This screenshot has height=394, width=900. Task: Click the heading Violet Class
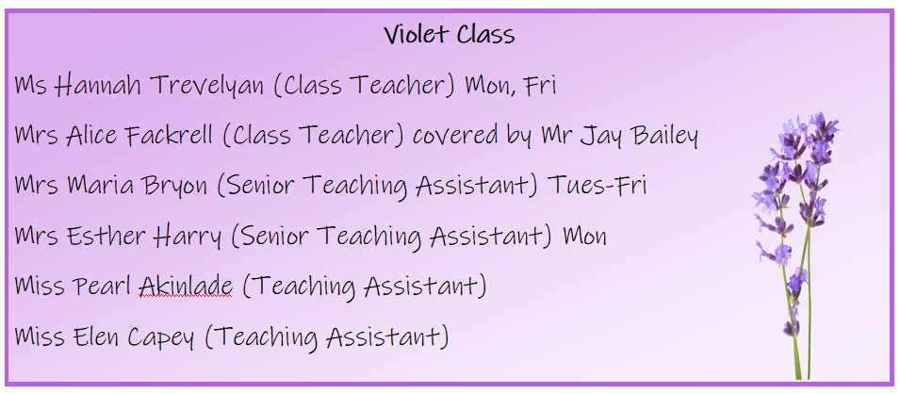pyautogui.click(x=450, y=35)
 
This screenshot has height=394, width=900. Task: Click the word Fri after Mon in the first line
pyautogui.click(x=540, y=85)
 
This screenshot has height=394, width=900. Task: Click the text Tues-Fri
pyautogui.click(x=597, y=186)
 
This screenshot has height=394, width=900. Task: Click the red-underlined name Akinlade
pyautogui.click(x=186, y=286)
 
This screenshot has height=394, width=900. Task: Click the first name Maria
pyautogui.click(x=93, y=186)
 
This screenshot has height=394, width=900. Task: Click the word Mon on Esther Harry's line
pyautogui.click(x=584, y=236)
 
